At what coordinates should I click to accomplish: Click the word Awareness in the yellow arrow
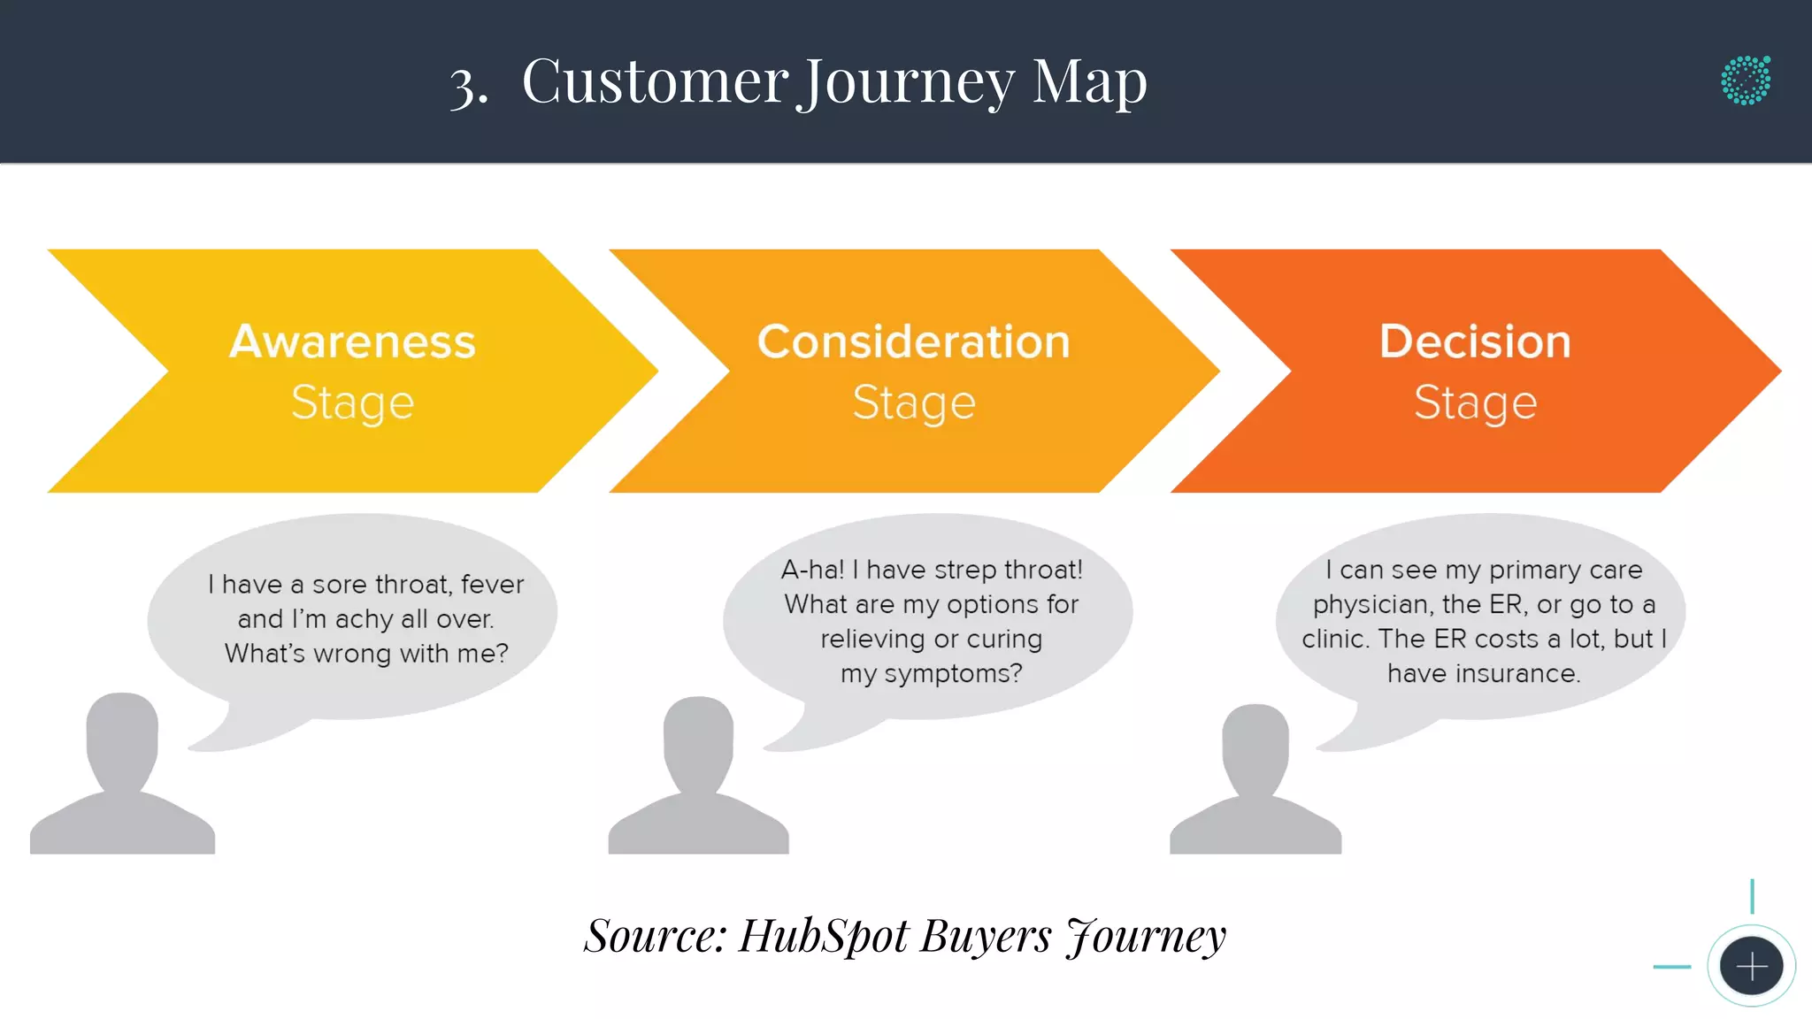pos(352,341)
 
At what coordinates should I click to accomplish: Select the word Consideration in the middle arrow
pos(913,341)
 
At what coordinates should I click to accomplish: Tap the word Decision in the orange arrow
pos(1475,341)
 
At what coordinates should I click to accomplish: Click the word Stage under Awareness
pos(352,403)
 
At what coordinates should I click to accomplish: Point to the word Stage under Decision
pos(1475,403)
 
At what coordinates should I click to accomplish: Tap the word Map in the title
pos(1090,82)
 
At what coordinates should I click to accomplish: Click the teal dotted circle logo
pos(1746,80)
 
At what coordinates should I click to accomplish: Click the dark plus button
pos(1751,966)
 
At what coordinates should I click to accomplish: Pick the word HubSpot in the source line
pos(823,936)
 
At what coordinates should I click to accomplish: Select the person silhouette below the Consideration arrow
pos(698,778)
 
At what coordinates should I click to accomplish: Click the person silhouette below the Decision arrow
pos(1255,783)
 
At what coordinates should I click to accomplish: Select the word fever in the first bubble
pos(492,585)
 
